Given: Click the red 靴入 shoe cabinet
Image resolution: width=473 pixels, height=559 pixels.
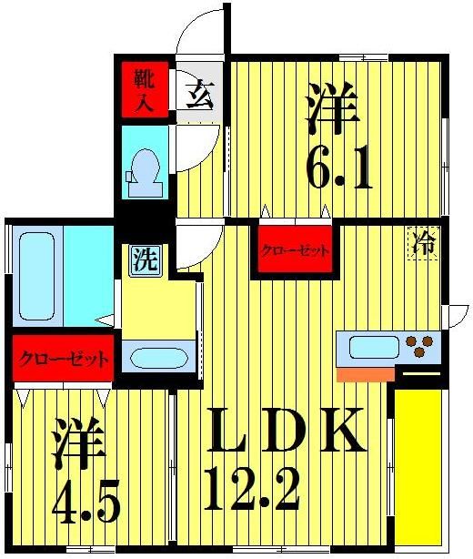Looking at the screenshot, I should click(x=144, y=88).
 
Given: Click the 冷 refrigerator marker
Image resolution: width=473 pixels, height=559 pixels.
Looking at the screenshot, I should click(x=423, y=243).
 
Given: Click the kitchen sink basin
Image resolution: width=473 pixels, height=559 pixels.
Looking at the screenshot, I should click(x=373, y=347).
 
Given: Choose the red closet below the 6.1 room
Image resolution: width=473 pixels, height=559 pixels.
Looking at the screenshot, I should click(x=294, y=250).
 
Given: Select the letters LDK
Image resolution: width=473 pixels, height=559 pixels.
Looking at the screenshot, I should click(x=287, y=432).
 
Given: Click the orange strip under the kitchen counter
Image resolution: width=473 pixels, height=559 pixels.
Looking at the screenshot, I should click(x=365, y=373).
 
